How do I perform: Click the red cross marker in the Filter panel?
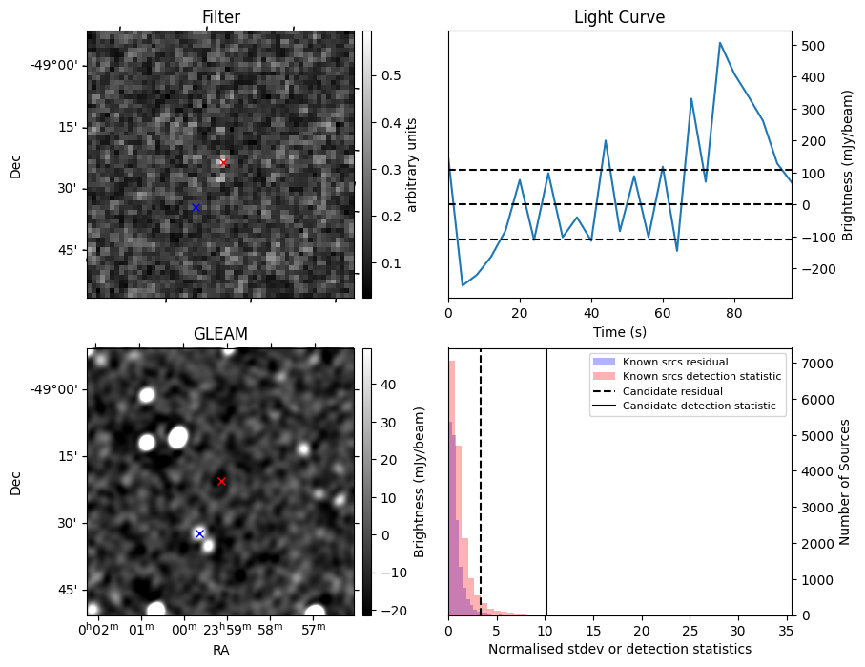tap(223, 162)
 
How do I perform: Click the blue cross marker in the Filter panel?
tap(196, 207)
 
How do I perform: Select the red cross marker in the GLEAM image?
tap(221, 481)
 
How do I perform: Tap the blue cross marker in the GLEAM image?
tap(199, 533)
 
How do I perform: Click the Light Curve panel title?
tap(619, 17)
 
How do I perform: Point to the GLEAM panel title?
tap(220, 334)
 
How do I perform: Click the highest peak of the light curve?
tap(720, 43)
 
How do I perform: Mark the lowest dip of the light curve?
tap(463, 285)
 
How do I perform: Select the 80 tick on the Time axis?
tap(734, 313)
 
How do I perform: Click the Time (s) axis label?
tap(619, 330)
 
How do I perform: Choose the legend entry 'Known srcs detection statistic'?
tap(701, 377)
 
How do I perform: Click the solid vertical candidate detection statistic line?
tap(546, 496)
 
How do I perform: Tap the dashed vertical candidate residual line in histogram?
tap(481, 496)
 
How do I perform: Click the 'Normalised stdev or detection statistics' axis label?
tap(619, 649)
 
